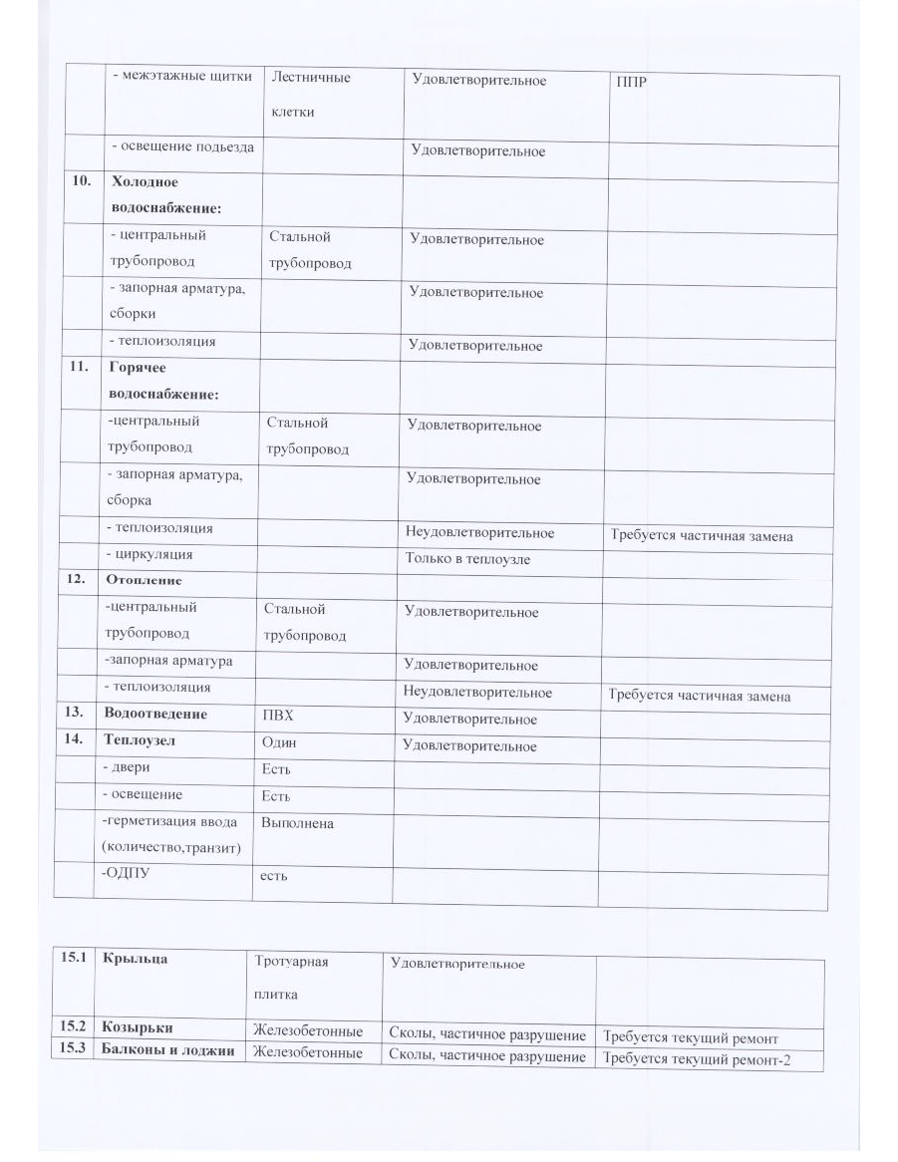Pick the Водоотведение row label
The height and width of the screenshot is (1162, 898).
[x=155, y=715]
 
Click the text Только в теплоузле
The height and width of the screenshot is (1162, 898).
[x=466, y=559]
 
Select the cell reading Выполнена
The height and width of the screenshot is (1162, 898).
[x=297, y=824]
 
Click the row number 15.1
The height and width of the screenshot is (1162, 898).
[x=73, y=959]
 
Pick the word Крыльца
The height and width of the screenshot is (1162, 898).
[x=136, y=959]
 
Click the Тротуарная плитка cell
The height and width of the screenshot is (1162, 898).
[x=291, y=978]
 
